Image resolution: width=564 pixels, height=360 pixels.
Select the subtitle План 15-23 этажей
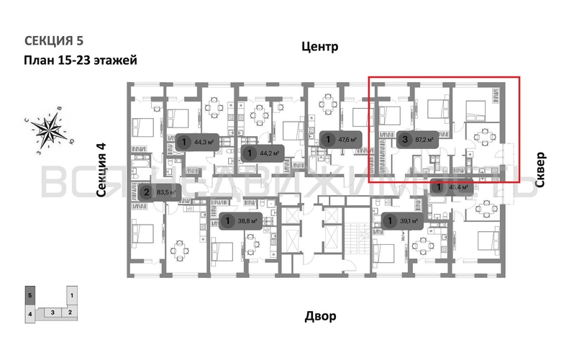81,60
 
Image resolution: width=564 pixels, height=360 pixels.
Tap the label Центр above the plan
319,48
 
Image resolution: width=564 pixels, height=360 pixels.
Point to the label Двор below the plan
319,316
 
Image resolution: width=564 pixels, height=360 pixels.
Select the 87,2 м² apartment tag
417,140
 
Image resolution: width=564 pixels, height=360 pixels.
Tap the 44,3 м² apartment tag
198,142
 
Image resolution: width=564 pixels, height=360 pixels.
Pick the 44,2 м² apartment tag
263,152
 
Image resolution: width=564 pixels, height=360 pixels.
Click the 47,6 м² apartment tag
340,140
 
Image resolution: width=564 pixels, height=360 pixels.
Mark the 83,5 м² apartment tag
160,192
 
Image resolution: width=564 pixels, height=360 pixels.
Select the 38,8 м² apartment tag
242,221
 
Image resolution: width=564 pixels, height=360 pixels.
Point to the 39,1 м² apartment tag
405,221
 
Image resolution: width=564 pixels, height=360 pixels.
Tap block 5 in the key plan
29,294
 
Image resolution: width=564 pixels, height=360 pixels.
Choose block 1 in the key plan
73,294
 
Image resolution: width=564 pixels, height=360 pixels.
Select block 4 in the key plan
29,314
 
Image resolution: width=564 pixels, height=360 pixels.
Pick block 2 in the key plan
70,312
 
